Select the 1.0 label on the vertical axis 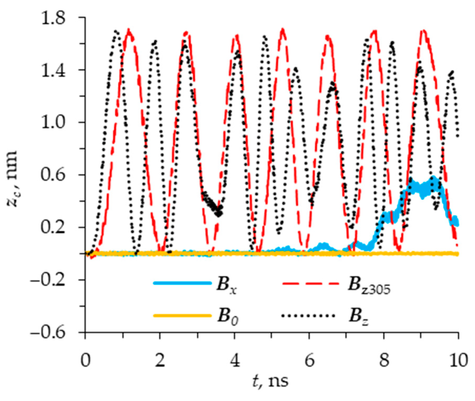tap(53, 123)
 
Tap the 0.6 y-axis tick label tap(53, 175)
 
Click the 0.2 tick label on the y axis tap(53, 228)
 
